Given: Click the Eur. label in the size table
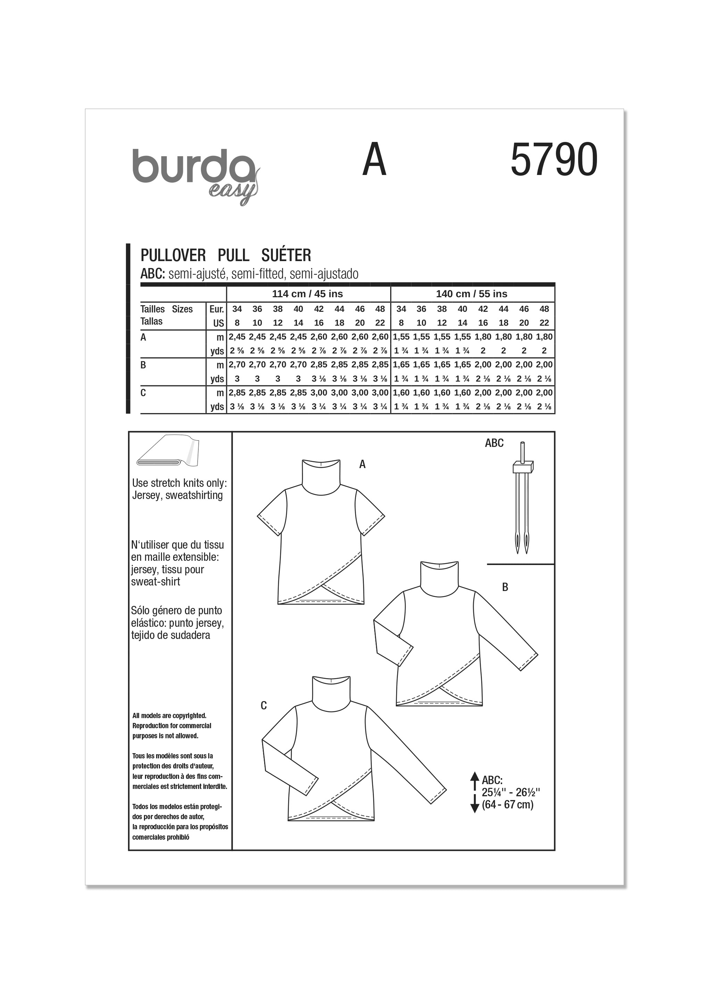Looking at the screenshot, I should tap(216, 310).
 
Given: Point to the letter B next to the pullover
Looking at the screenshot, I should tap(505, 587).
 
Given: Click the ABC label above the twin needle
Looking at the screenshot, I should tap(494, 443).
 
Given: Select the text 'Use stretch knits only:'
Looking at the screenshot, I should tap(180, 483).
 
